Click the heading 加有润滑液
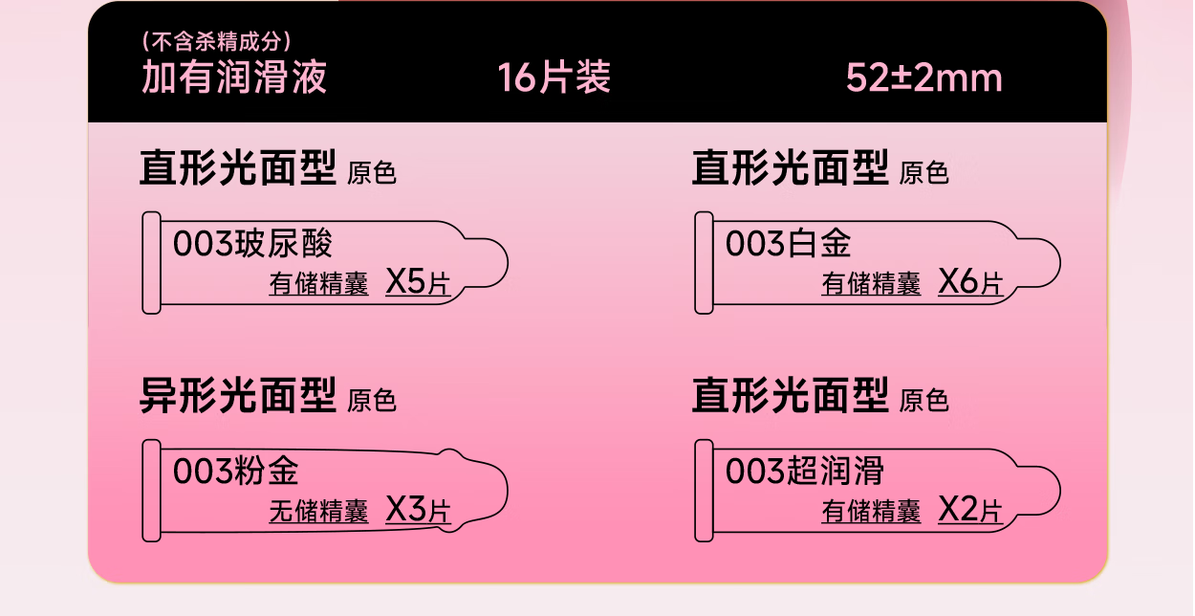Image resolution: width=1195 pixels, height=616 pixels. click(234, 77)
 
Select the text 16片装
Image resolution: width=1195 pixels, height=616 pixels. click(554, 77)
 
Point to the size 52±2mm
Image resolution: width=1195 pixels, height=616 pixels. click(923, 77)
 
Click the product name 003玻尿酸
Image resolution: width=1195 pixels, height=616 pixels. click(252, 244)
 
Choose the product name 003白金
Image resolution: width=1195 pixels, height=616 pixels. click(788, 244)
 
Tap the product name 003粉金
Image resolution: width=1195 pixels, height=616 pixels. click(236, 472)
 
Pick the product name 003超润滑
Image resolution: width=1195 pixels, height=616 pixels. click(805, 472)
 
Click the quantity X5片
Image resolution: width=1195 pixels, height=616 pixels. click(418, 282)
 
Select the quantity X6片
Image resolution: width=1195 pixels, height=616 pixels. click(970, 282)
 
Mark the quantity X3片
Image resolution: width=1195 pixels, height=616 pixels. click(418, 510)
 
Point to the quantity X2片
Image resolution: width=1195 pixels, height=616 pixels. click(970, 510)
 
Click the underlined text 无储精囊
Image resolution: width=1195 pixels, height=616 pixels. click(318, 512)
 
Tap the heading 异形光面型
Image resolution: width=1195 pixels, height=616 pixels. click(238, 395)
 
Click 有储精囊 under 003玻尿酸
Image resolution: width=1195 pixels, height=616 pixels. click(318, 284)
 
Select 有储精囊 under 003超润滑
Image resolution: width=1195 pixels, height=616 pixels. click(871, 512)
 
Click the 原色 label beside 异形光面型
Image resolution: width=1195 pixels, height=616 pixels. click(372, 401)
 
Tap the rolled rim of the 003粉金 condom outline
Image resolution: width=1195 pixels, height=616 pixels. click(151, 491)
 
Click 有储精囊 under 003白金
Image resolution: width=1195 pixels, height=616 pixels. click(871, 284)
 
